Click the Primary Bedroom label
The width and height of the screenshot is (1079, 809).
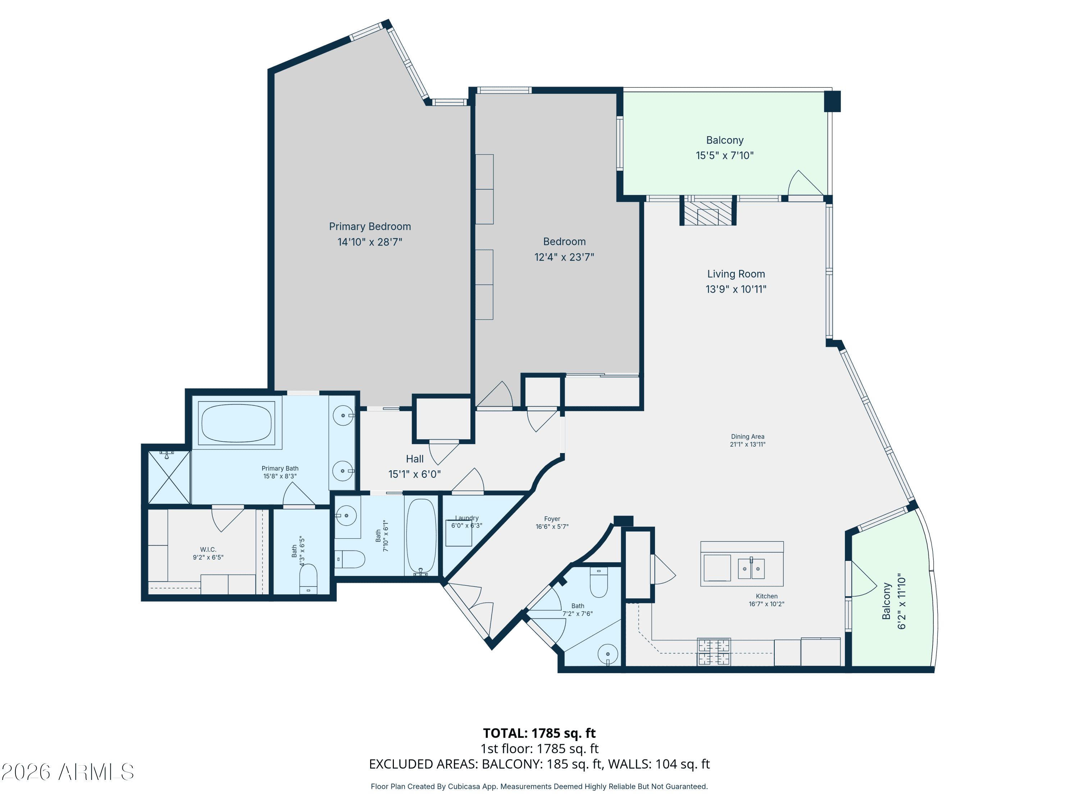370,226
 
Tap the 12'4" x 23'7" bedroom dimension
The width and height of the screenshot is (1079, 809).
564,257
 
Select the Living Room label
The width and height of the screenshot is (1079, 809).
736,274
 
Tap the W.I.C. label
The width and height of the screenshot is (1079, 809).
208,549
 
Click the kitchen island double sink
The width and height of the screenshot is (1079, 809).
751,568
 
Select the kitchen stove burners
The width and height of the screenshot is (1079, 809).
714,652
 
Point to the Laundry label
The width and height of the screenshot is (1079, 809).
467,518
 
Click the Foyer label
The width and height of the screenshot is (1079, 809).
552,519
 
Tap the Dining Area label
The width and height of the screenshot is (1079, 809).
748,437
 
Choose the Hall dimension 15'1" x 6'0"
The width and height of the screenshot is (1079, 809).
415,474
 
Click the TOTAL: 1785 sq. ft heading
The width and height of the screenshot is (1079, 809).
539,733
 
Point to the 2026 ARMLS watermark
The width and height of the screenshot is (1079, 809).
68,772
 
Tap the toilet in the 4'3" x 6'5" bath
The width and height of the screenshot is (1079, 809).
308,579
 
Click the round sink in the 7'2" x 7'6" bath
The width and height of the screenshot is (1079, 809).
608,654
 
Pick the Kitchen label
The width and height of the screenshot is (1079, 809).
767,596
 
